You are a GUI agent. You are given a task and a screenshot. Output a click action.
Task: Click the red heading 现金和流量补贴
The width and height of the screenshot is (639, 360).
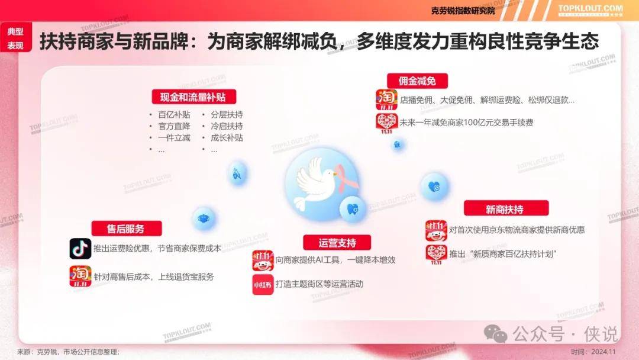[x=193, y=97]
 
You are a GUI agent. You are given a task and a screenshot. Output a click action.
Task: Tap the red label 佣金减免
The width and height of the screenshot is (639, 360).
[x=417, y=81]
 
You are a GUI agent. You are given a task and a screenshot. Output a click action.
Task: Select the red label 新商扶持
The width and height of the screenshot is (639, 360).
[x=506, y=209]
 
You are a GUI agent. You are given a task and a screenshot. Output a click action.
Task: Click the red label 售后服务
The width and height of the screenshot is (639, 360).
[x=127, y=229]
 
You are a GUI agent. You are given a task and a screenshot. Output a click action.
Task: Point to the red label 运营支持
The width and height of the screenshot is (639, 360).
[x=337, y=243]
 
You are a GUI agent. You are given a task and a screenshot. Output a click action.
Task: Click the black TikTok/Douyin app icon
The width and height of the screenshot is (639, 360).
[x=80, y=248]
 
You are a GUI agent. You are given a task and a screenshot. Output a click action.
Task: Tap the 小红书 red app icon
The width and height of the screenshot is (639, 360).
[x=263, y=285]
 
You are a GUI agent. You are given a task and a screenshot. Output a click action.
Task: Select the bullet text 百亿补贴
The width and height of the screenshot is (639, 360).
[x=174, y=115]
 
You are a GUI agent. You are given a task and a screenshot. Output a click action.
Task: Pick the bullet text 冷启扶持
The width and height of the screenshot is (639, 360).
[x=227, y=126]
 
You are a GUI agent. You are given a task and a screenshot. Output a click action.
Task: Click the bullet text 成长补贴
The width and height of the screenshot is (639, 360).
[x=227, y=138]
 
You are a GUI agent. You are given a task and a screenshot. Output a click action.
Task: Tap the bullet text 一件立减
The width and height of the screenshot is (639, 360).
[x=174, y=138]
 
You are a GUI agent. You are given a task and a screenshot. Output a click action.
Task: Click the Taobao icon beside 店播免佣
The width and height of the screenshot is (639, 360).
[x=386, y=100]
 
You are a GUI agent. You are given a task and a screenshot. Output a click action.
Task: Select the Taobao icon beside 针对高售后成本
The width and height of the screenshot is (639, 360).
[x=80, y=276]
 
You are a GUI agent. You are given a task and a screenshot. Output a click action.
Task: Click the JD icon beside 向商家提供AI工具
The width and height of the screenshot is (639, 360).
[x=263, y=261]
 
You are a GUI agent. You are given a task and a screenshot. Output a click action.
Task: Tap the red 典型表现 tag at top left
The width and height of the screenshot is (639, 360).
[x=15, y=38]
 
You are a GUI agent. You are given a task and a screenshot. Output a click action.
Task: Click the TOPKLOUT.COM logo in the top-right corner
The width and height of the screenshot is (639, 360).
[x=590, y=10]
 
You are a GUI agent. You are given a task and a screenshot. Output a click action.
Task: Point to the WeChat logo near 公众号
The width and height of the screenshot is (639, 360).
[x=496, y=334]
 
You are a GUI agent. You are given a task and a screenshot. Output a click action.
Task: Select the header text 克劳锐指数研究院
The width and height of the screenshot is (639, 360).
[x=463, y=11]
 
